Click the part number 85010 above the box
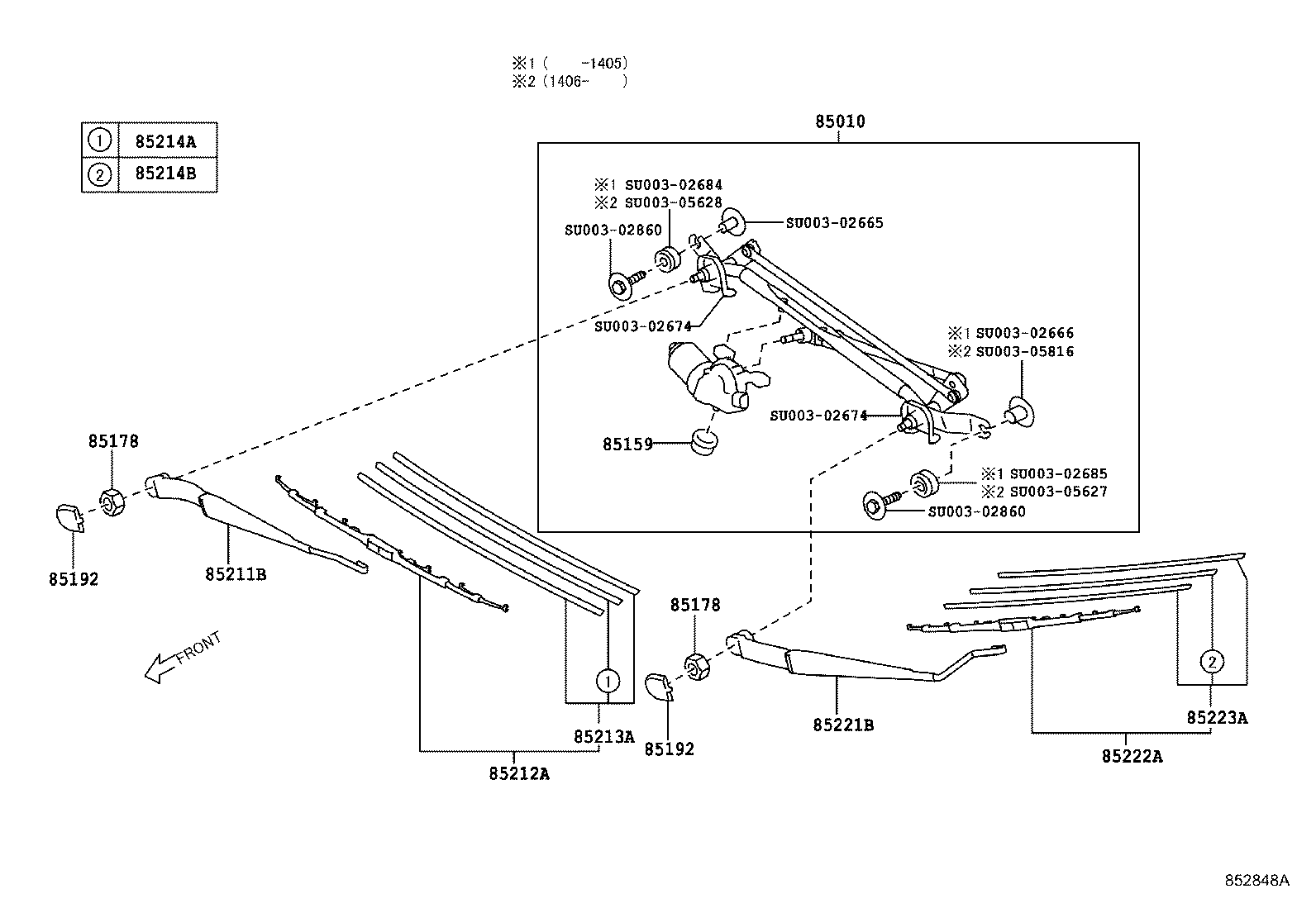[840, 121]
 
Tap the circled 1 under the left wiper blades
[608, 682]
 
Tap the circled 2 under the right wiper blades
[1212, 662]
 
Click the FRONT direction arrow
[183, 657]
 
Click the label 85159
[627, 444]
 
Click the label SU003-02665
[834, 222]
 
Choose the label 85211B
[236, 574]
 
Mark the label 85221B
[843, 725]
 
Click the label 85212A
[519, 774]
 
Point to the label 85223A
[1217, 718]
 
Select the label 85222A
[1132, 757]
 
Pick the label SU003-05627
[1059, 491]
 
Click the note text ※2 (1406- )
[570, 81]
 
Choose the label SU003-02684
[673, 185]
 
